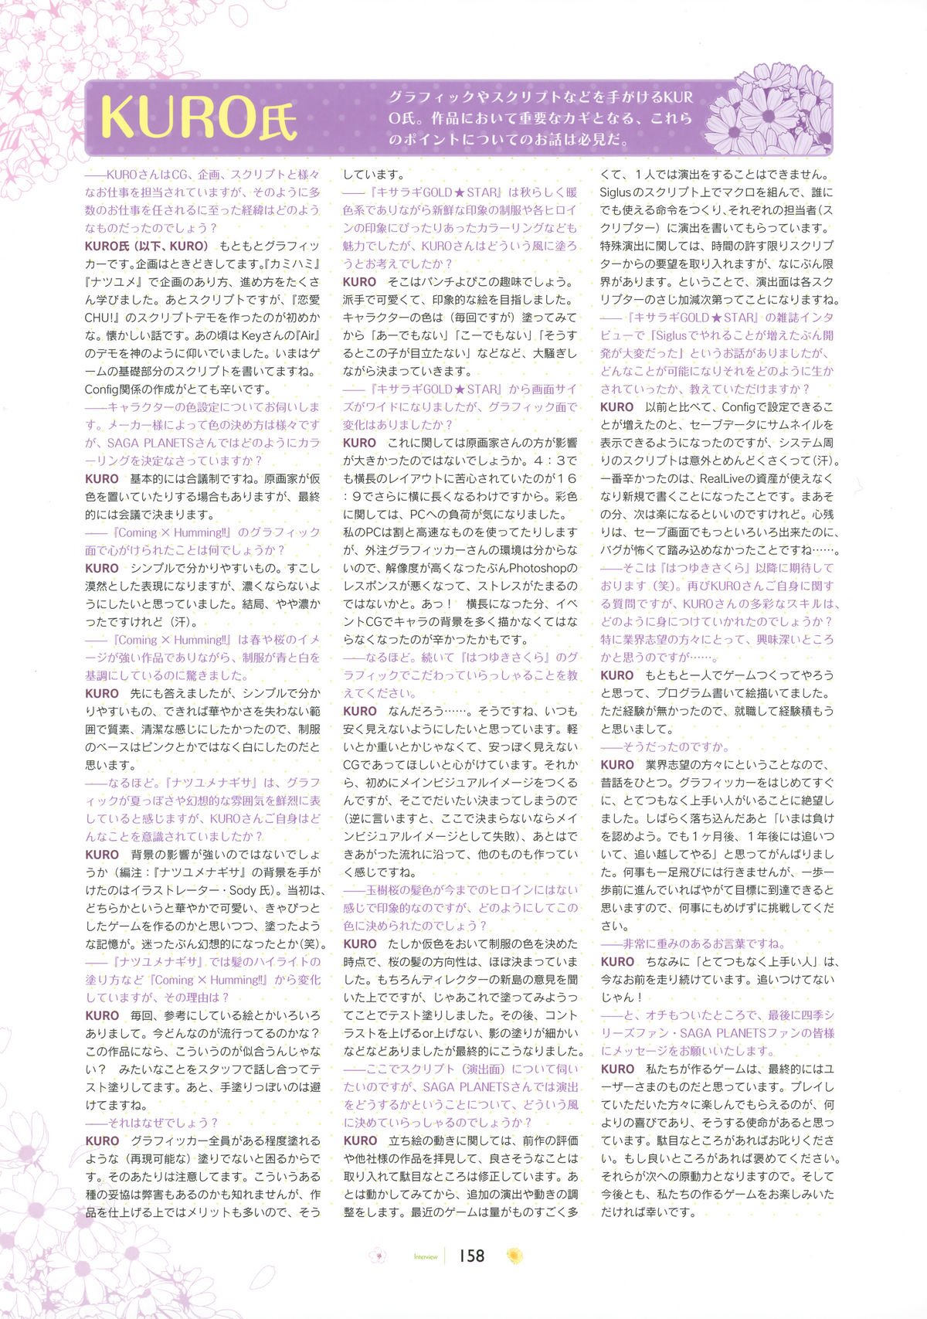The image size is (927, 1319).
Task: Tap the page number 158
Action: [470, 1256]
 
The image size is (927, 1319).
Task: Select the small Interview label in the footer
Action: [426, 1257]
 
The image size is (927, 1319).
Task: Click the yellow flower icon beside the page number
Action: [514, 1256]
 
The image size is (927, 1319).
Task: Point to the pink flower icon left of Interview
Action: [378, 1256]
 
